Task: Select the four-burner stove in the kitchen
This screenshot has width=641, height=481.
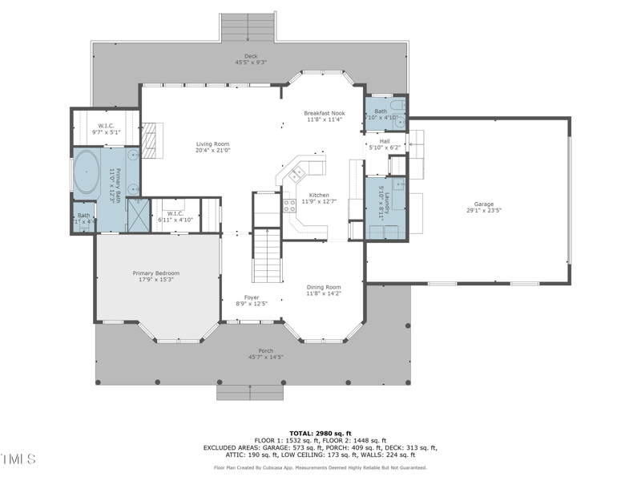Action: point(289,205)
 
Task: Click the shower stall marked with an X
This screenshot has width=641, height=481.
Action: point(137,215)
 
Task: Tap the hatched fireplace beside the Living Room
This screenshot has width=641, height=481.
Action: point(153,137)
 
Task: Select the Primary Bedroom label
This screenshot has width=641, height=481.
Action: point(155,273)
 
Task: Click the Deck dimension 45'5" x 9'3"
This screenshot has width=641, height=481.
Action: point(250,62)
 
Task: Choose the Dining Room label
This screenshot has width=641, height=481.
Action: point(324,287)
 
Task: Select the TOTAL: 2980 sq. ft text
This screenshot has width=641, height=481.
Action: point(320,432)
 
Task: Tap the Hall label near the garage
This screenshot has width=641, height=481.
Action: point(385,141)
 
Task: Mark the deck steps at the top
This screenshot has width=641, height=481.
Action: point(248,27)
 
